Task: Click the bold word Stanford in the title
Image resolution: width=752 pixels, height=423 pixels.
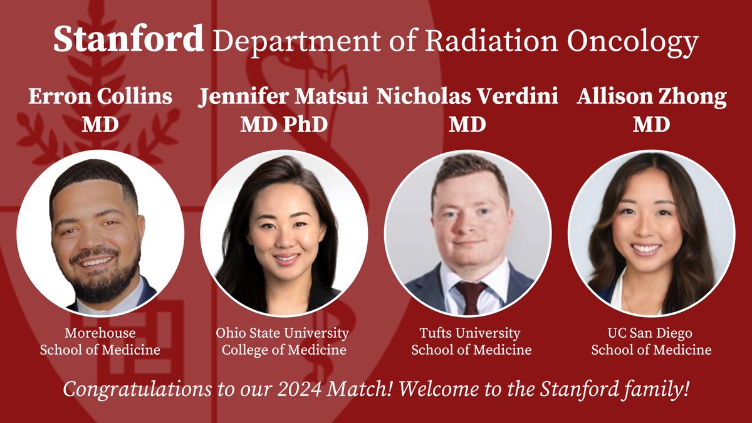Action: coord(128,39)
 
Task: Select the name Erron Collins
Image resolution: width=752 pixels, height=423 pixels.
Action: coord(100,98)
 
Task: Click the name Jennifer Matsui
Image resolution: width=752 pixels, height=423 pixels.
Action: coord(284,98)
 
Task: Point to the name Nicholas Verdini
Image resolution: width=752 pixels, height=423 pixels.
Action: coord(467,98)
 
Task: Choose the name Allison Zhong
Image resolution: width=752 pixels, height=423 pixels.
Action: coord(652,98)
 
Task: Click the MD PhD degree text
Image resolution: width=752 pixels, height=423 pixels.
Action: coord(284,124)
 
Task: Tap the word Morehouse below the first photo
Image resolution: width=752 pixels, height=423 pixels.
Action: coord(100,333)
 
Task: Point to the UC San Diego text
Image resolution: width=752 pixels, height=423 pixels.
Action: coord(651,333)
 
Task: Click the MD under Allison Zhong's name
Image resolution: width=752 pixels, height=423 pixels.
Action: coord(652,124)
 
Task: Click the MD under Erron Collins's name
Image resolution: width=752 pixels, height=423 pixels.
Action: coord(100,124)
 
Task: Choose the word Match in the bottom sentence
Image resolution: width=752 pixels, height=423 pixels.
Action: coord(362,390)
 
